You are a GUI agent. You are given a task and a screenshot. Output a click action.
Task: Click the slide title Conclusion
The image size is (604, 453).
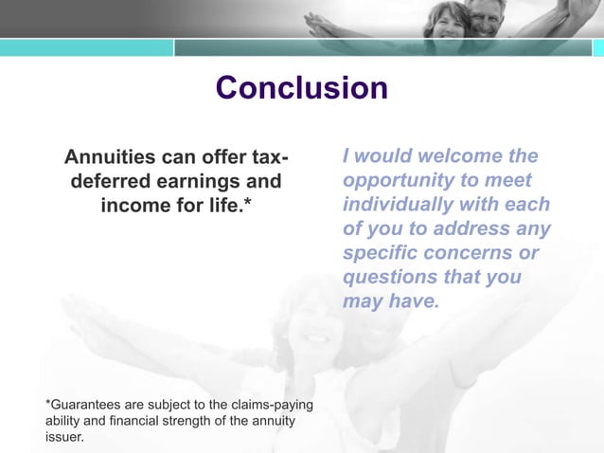(301, 88)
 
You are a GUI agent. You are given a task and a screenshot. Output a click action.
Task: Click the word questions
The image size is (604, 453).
(388, 279)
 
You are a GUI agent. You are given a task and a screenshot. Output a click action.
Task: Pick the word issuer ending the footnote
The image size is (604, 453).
(63, 437)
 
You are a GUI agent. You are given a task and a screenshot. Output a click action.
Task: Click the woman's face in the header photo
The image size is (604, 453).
(445, 17)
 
